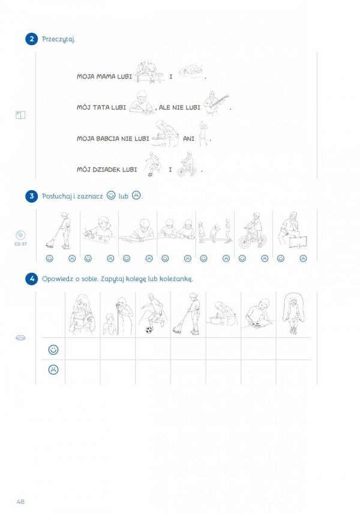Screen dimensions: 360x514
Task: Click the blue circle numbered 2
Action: tap(31, 39)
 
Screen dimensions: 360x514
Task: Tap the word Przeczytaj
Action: tap(59, 40)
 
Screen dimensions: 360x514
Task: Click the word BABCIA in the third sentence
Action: tap(108, 139)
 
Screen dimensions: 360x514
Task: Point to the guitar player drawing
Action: tap(215, 103)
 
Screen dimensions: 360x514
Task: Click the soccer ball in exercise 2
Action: tap(150, 175)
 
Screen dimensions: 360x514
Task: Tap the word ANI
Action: tap(188, 139)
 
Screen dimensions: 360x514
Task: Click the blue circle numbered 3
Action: tap(31, 196)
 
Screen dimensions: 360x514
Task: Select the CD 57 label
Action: tap(20, 244)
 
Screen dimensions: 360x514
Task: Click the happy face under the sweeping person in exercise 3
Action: tap(50, 258)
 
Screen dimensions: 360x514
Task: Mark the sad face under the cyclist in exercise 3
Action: tap(265, 258)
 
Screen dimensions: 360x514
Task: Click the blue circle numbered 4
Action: tap(31, 279)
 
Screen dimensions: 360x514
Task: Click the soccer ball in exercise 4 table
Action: tap(149, 330)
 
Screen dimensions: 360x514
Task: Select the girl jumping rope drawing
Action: tap(293, 313)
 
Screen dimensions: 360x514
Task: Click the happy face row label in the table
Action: tap(53, 350)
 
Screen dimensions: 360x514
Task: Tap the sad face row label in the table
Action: tap(53, 369)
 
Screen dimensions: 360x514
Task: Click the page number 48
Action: tap(20, 501)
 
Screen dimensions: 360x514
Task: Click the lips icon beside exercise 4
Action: tap(20, 338)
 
